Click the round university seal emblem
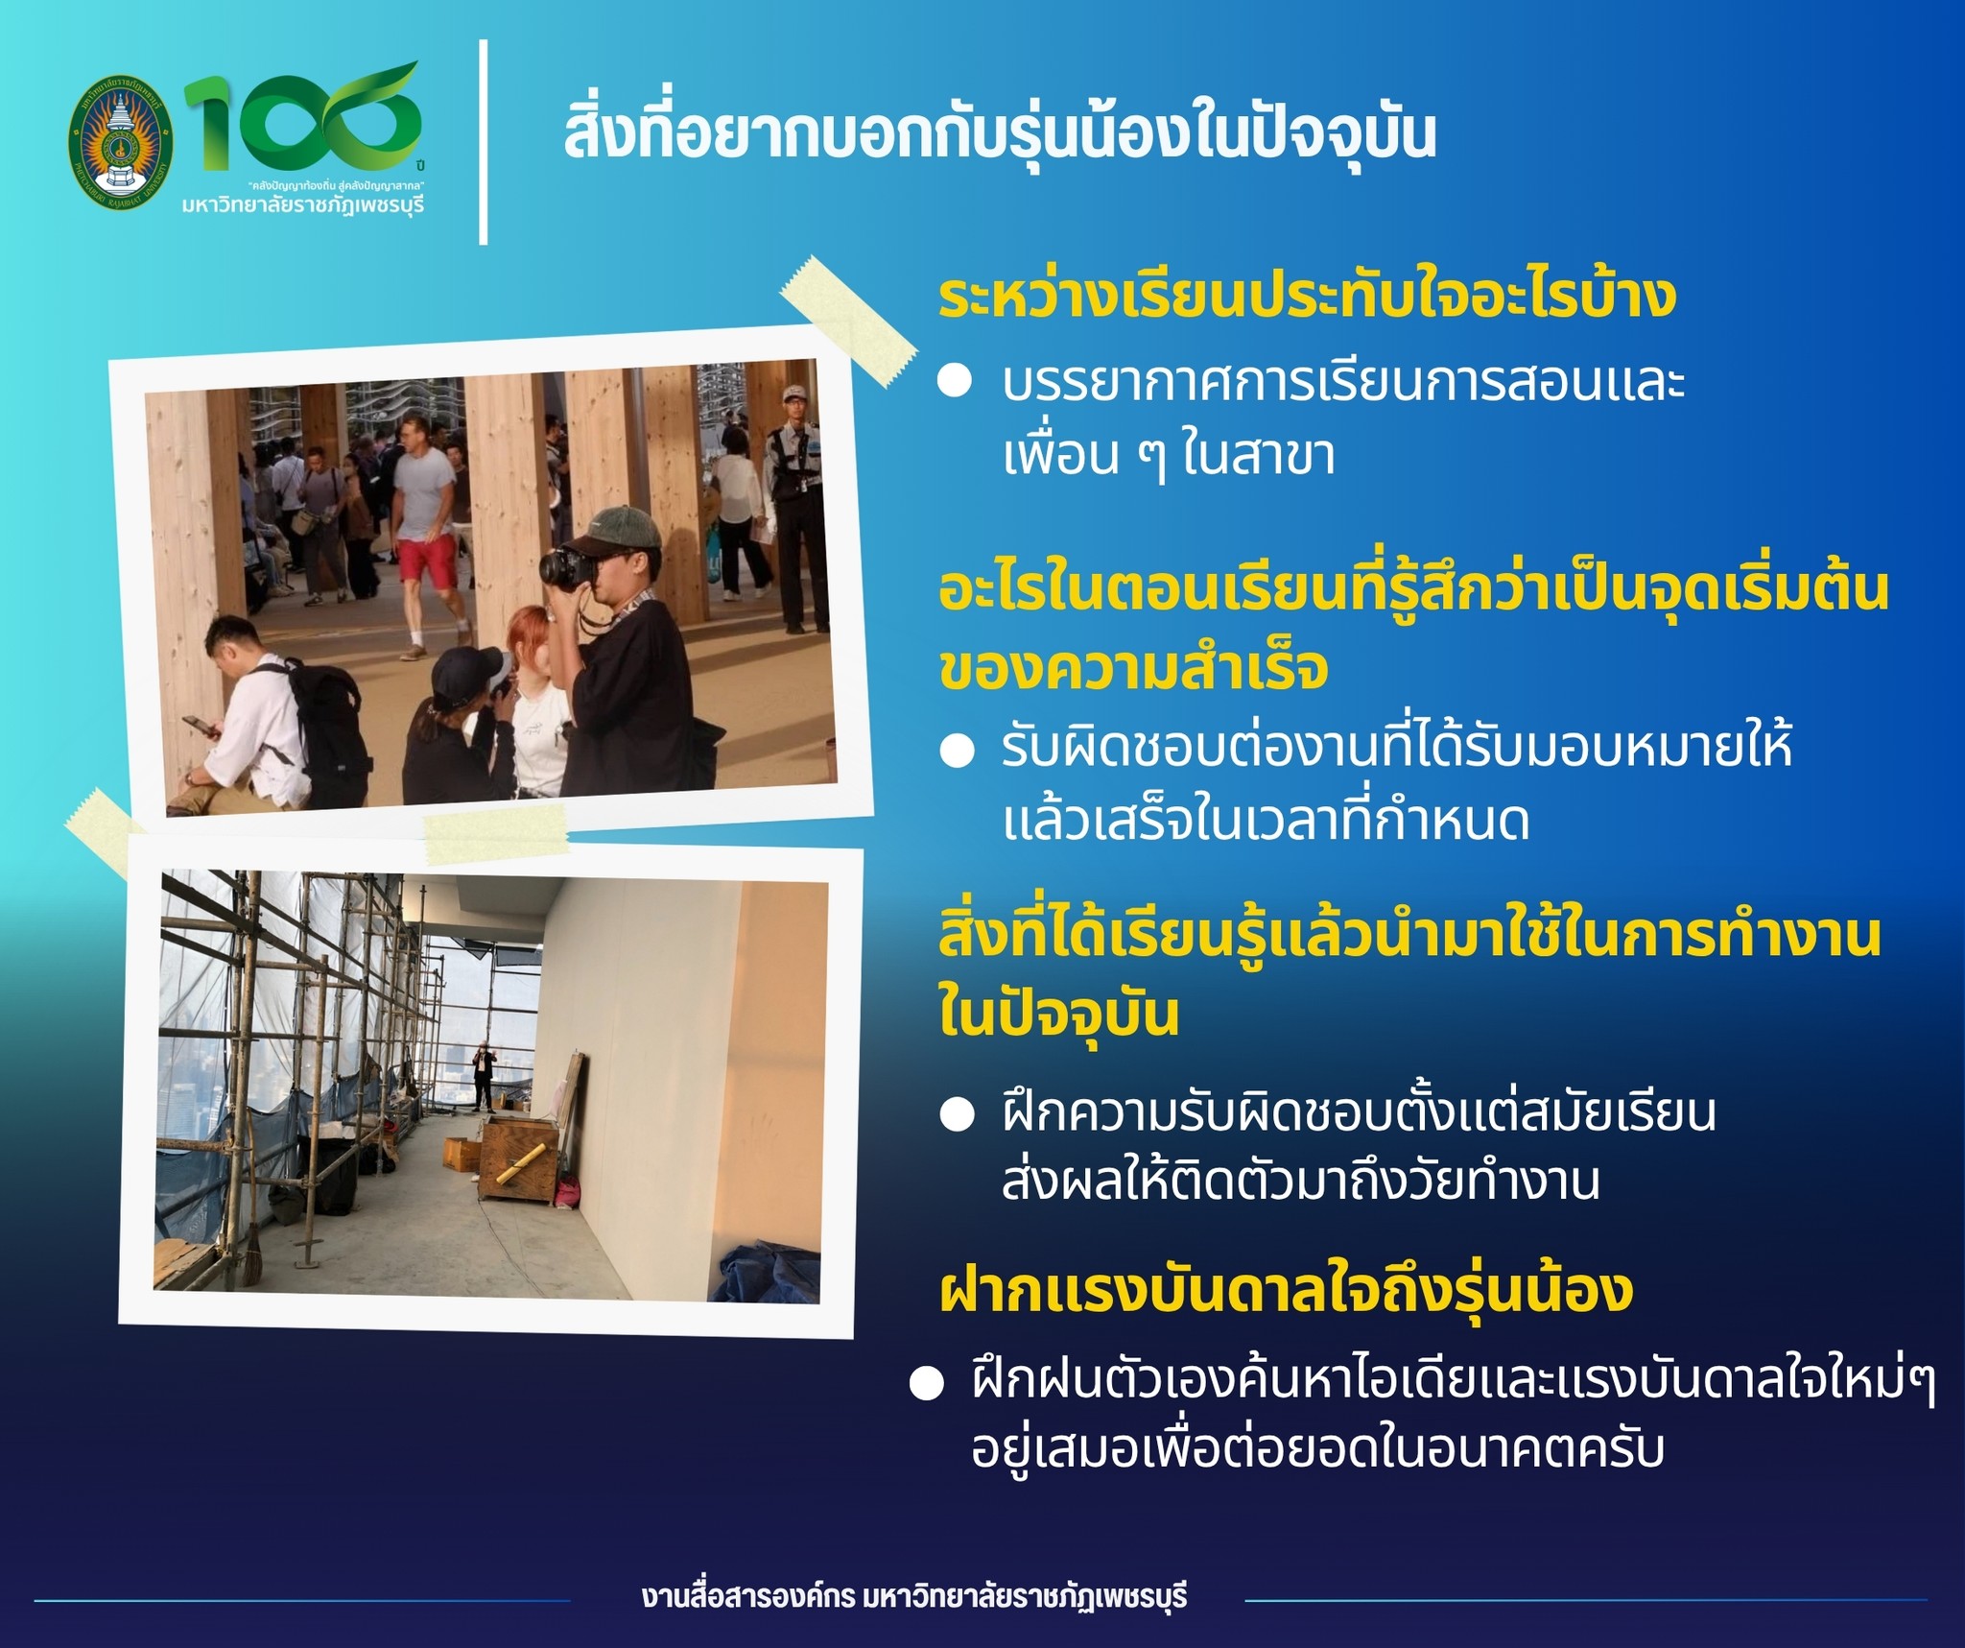point(122,143)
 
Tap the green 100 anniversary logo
point(303,116)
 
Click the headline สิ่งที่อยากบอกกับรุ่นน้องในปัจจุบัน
point(999,133)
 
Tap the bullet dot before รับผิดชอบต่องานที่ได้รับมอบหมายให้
point(956,751)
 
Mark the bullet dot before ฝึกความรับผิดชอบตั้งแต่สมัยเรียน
point(956,1113)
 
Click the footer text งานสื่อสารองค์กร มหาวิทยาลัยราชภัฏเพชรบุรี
point(914,1597)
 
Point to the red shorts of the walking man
point(430,558)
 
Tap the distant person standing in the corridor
point(482,1077)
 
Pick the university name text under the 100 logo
point(303,204)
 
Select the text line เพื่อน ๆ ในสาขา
point(1169,456)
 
